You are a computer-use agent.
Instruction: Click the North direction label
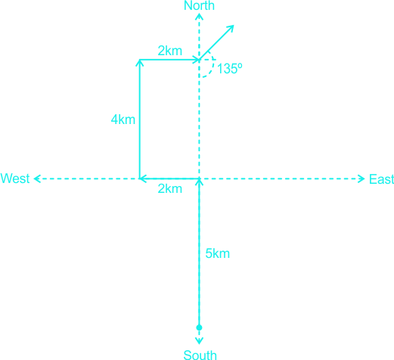[199, 5]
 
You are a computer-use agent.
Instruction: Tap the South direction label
[200, 355]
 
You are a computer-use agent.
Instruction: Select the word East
[381, 179]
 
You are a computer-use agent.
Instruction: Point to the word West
[15, 178]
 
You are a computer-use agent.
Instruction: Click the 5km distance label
[218, 253]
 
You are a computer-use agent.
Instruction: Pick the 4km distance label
[123, 119]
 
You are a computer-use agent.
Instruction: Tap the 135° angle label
[229, 68]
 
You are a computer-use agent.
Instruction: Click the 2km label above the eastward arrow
[170, 51]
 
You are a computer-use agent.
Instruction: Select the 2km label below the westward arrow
[170, 188]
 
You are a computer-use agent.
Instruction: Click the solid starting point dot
[199, 327]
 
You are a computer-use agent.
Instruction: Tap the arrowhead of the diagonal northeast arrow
[231, 29]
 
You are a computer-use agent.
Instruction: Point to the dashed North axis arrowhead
[200, 16]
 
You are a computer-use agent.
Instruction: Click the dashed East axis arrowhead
[362, 178]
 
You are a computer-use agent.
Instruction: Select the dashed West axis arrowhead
[37, 178]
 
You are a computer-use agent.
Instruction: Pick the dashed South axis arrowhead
[199, 341]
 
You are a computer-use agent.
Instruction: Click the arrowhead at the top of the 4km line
[140, 63]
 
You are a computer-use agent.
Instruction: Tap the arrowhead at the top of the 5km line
[200, 182]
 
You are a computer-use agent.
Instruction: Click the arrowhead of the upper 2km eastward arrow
[196, 60]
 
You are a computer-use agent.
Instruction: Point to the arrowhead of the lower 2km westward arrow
[143, 178]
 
